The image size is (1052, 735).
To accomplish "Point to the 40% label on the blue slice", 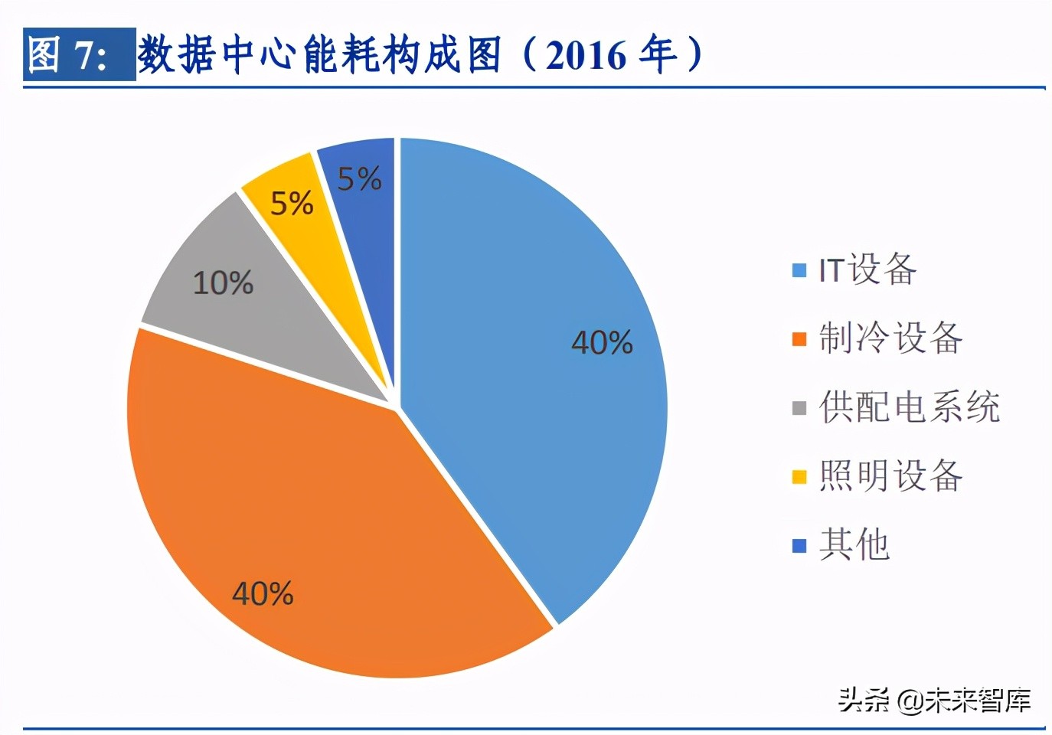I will click(602, 342).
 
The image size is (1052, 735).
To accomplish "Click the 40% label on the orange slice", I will click(263, 593).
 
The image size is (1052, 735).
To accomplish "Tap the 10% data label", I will click(223, 283).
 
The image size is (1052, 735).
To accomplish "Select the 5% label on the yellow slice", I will click(292, 204).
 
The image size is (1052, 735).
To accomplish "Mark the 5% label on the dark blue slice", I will click(359, 179).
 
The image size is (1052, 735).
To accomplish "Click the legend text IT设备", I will click(867, 269).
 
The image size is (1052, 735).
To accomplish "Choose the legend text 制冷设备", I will click(890, 338).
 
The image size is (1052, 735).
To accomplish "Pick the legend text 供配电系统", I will click(909, 407).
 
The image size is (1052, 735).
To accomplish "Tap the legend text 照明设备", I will click(890, 475).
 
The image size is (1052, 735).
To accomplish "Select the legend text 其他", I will click(854, 544).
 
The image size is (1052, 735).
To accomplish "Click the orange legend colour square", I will click(799, 339).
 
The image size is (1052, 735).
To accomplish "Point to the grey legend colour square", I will click(799, 408).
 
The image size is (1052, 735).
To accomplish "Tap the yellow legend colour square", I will click(799, 477).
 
